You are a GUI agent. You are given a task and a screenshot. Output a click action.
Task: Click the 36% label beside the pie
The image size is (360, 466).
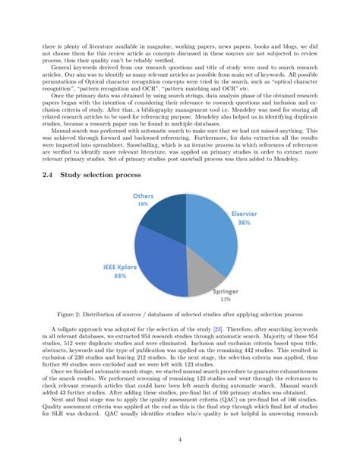[243, 223]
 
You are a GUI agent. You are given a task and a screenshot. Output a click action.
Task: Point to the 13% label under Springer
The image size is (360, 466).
[225, 299]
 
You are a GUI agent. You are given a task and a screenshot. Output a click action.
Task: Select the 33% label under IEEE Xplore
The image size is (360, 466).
[120, 277]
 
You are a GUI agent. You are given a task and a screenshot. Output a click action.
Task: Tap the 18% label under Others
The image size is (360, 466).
[142, 204]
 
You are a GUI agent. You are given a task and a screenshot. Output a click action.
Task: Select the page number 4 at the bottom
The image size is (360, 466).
[180, 439]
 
